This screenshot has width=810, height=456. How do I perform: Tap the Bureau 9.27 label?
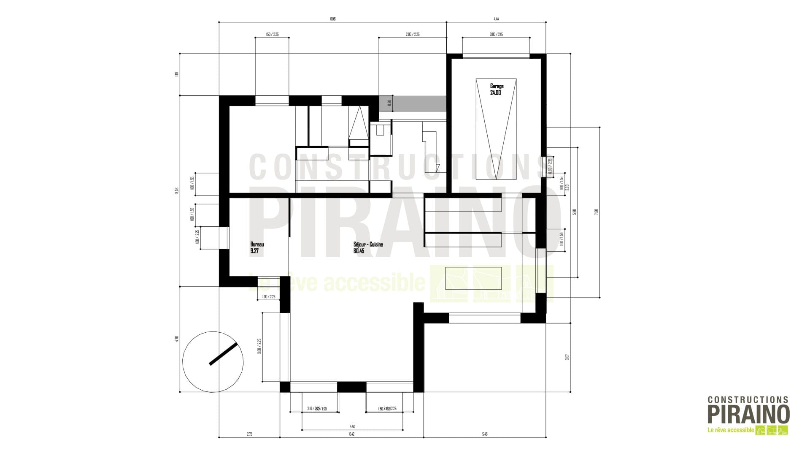256,247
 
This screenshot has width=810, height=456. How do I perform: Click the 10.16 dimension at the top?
332,19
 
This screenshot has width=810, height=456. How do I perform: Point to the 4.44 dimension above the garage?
496,19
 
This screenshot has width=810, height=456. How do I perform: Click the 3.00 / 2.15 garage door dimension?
496,34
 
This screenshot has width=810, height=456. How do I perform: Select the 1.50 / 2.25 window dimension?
272,34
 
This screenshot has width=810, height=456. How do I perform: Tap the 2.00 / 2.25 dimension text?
412,34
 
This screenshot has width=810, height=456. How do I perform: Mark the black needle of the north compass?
224,353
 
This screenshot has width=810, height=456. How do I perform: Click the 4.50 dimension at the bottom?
353,427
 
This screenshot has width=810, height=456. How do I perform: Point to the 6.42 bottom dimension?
351,434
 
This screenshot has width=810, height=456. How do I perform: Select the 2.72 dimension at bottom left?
249,434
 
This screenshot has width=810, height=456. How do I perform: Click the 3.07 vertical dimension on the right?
567,357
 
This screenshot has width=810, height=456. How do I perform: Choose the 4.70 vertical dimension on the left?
176,339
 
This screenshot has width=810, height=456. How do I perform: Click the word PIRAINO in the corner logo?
748,415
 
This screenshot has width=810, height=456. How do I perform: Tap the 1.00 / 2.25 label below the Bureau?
268,297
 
